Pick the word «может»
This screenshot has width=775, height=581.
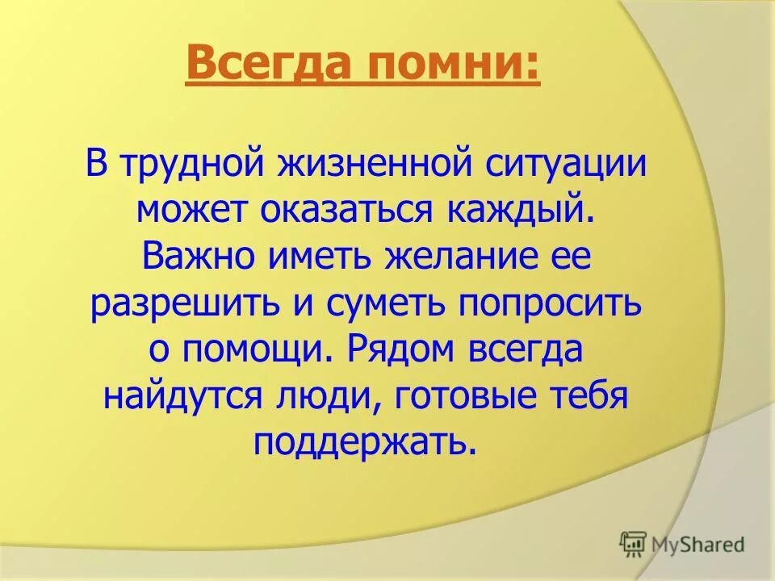coord(193,211)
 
